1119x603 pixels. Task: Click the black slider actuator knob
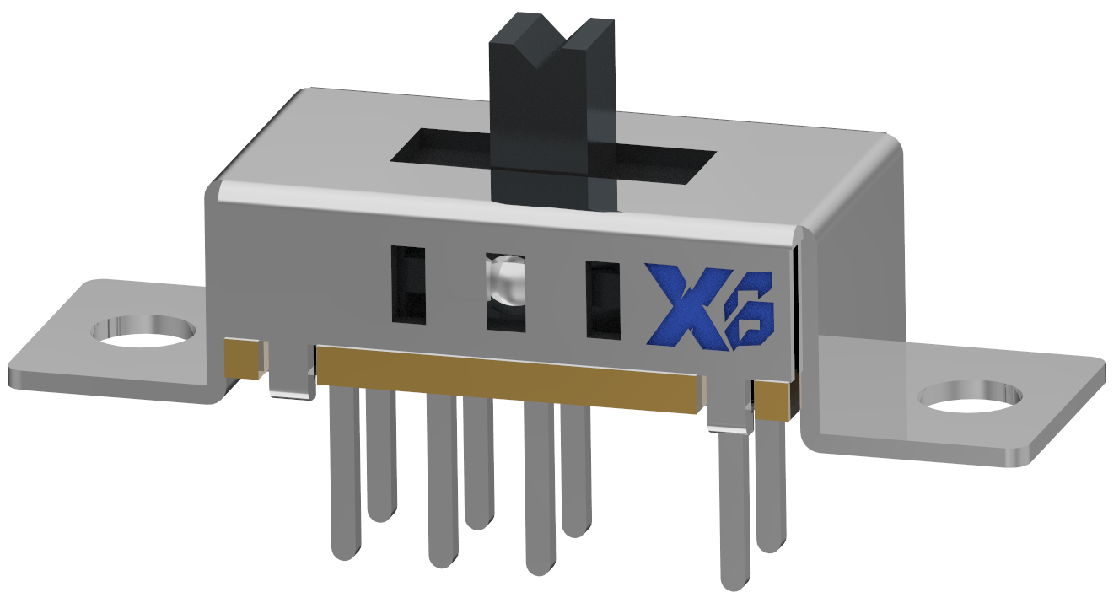click(552, 115)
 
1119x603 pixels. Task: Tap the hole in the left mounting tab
click(143, 331)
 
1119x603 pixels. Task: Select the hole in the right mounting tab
click(969, 397)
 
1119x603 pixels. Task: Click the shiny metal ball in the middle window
click(504, 283)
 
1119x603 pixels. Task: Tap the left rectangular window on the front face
click(408, 285)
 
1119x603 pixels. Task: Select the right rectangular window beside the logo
click(603, 299)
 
